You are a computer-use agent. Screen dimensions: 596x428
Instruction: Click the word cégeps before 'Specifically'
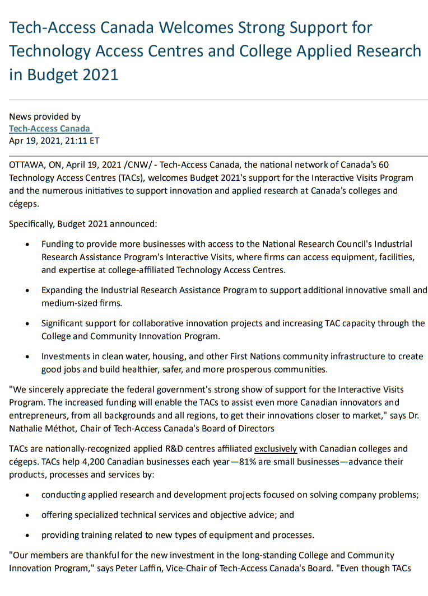[x=22, y=204]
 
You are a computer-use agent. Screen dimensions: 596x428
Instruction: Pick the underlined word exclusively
[x=276, y=449]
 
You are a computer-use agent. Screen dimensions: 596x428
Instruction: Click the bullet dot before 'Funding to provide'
[x=28, y=245]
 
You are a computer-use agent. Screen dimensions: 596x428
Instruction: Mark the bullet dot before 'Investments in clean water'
[x=28, y=357]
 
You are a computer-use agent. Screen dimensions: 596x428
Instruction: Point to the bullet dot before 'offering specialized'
[x=28, y=515]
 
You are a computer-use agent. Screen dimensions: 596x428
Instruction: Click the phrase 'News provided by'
[x=45, y=117]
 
